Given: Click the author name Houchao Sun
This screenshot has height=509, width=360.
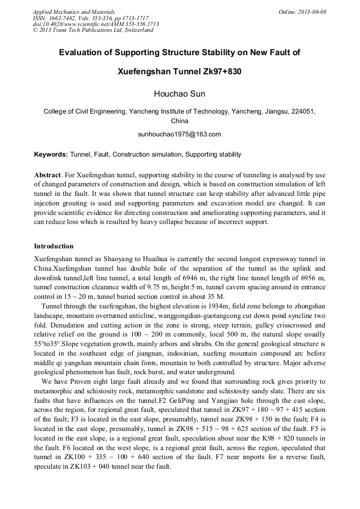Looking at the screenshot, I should [179, 94].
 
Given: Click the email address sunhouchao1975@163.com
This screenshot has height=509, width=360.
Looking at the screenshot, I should [179, 134].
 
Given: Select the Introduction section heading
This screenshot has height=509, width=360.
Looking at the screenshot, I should [54, 246].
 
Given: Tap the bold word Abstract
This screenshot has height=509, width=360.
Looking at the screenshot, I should [47, 175].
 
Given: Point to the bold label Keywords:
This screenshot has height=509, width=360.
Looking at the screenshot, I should [51, 154].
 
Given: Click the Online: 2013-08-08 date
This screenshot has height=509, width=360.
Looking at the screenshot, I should [302, 12].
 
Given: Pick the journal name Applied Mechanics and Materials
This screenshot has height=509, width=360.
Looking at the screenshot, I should [74, 12].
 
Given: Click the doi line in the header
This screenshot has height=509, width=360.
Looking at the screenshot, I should [96, 24].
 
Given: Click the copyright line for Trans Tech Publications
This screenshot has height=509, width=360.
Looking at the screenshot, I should [93, 30].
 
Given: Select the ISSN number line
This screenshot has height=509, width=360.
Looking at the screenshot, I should [92, 18].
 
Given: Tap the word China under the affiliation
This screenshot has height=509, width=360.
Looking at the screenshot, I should [179, 121].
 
